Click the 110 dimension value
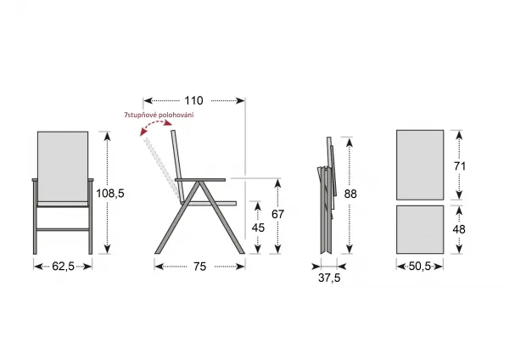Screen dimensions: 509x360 click(193, 101)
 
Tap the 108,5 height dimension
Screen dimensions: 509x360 click(110, 194)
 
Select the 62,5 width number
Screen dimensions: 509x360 click(64, 267)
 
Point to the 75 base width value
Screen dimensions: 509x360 click(200, 267)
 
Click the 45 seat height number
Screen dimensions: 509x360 click(258, 228)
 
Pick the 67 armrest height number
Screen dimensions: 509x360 click(278, 215)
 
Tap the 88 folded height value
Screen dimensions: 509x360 click(350, 194)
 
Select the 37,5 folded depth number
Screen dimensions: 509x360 click(329, 278)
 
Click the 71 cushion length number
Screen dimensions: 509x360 click(460, 166)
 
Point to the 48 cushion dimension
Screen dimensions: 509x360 click(459, 229)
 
